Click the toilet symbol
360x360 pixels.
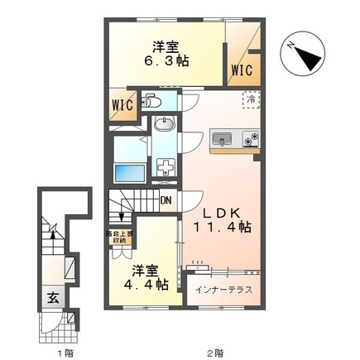pyautogui.click(x=151, y=103)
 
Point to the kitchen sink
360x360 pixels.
pyautogui.click(x=223, y=138)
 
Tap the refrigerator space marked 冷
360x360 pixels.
pyautogui.click(x=249, y=100)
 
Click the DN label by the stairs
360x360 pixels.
pyautogui.click(x=166, y=200)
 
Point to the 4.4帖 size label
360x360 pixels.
pyautogui.click(x=147, y=283)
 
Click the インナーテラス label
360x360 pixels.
pyautogui.click(x=224, y=290)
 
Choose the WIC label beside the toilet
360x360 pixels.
pyautogui.click(x=119, y=108)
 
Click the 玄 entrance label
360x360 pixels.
pyautogui.click(x=51, y=299)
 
